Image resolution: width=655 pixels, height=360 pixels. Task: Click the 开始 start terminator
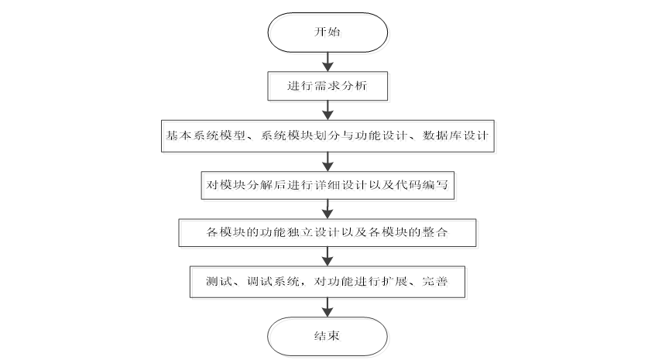click(327, 33)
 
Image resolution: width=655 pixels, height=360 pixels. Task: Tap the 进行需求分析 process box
click(327, 87)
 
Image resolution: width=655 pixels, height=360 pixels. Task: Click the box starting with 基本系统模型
click(327, 135)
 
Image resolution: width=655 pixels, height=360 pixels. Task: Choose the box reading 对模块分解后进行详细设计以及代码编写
click(327, 184)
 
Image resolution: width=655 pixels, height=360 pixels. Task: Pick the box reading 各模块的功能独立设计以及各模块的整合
click(327, 232)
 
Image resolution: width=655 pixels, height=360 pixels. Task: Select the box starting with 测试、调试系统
click(327, 281)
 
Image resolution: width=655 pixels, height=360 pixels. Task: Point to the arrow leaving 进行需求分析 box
click(327, 110)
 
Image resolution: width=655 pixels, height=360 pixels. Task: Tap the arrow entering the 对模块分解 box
click(327, 160)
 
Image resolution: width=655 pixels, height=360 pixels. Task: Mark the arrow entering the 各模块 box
click(327, 208)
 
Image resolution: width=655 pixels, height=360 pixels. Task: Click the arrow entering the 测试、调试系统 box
click(327, 256)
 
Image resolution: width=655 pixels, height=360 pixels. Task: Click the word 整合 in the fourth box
click(437, 232)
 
